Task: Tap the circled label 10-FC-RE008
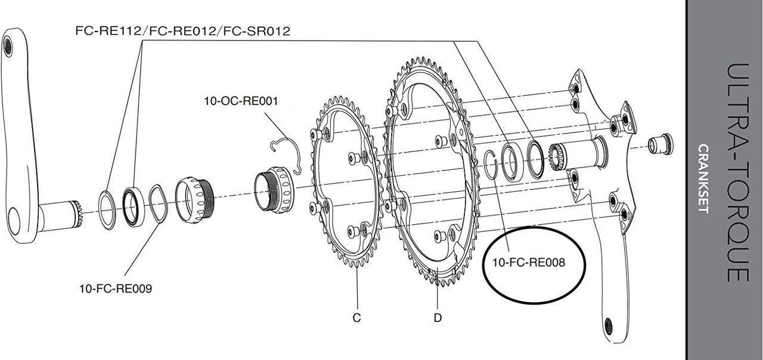point(528,261)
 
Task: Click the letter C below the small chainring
point(356,318)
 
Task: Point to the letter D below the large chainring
point(438,318)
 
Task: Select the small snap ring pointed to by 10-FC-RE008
point(489,165)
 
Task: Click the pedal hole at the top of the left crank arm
point(8,44)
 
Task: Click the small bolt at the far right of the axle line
point(660,144)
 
